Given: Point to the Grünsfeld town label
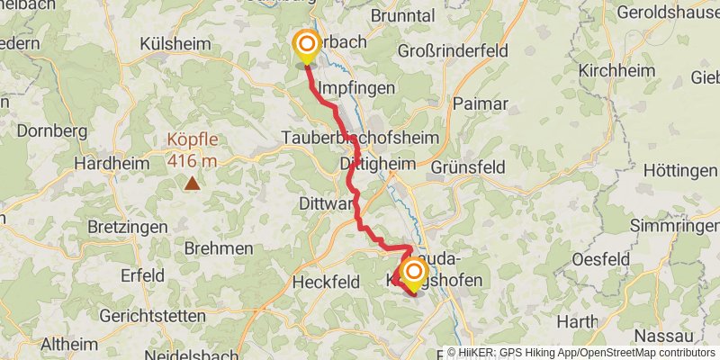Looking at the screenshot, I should coord(469,166).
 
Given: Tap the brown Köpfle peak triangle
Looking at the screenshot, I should coord(192,184).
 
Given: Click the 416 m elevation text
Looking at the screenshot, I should coord(192,161).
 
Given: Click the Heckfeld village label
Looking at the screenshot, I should coord(326,282).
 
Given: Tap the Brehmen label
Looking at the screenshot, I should coord(218,247).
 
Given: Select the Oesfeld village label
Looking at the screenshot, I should coord(600,259).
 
